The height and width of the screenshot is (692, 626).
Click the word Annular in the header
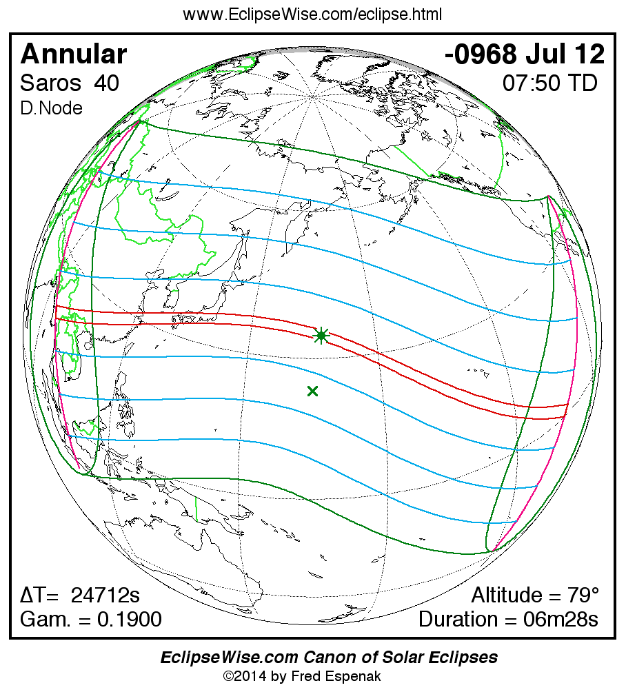pyautogui.click(x=74, y=54)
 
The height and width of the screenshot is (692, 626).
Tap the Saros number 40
pyautogui.click(x=107, y=83)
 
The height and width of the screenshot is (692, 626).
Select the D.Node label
pyautogui.click(x=52, y=108)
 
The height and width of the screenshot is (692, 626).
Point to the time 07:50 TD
pyautogui.click(x=549, y=83)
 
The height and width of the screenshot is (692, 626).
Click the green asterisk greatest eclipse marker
pyautogui.click(x=321, y=336)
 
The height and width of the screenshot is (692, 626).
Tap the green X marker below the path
pyautogui.click(x=312, y=391)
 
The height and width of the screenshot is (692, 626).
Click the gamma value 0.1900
pyautogui.click(x=130, y=619)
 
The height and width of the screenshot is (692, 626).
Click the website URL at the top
pyautogui.click(x=312, y=14)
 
